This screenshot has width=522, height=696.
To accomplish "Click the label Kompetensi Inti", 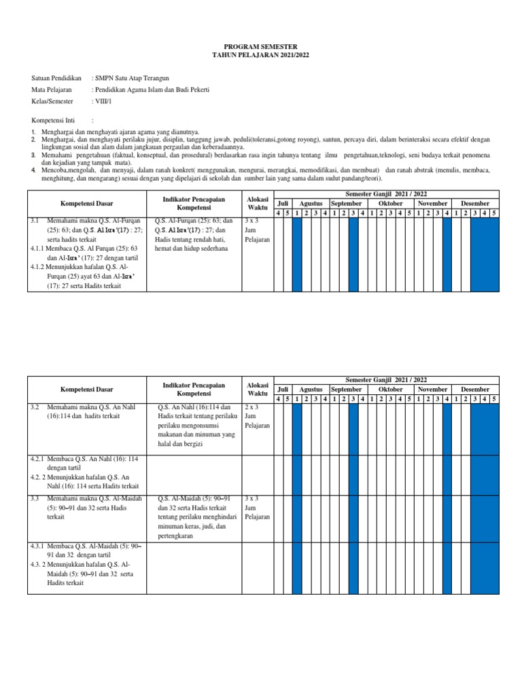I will pyautogui.click(x=54, y=119).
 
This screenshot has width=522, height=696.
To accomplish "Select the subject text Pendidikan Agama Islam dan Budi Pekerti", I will pyautogui.click(x=151, y=90).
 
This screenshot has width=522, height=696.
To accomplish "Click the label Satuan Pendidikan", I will pyautogui.click(x=56, y=78).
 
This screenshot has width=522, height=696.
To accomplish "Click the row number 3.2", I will pyautogui.click(x=36, y=406).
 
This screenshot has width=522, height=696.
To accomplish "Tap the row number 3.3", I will pyautogui.click(x=36, y=498).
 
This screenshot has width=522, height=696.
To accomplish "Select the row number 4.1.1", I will pyautogui.click(x=38, y=249).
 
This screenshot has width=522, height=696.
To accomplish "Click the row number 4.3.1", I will pyautogui.click(x=38, y=546).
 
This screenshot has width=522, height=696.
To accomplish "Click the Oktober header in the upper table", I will pyautogui.click(x=390, y=203).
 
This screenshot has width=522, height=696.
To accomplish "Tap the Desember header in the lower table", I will pyautogui.click(x=474, y=389).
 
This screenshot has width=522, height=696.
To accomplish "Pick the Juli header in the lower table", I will pyautogui.click(x=283, y=389).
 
